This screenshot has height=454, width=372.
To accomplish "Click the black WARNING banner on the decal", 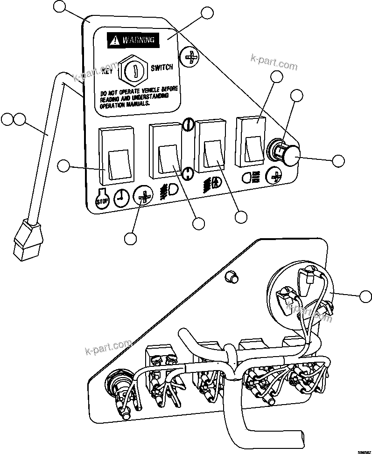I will (x=133, y=41).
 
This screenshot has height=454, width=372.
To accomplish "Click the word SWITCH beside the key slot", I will (x=161, y=68).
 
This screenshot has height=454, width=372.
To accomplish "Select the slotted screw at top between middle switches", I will (x=188, y=124).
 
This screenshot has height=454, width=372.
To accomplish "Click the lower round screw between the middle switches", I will (x=188, y=173).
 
